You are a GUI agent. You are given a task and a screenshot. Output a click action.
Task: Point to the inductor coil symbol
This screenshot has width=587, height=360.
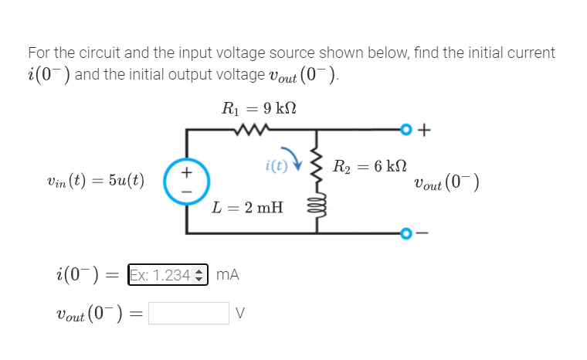tap(316, 209)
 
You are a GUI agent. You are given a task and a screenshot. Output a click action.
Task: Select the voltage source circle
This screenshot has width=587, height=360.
tap(185, 182)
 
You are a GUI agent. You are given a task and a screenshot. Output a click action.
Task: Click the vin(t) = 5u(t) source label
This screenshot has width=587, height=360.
tap(96, 182)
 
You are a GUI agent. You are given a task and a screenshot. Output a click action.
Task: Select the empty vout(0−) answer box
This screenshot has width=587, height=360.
tap(188, 313)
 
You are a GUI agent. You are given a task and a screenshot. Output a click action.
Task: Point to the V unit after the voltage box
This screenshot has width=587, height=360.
tap(240, 313)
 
